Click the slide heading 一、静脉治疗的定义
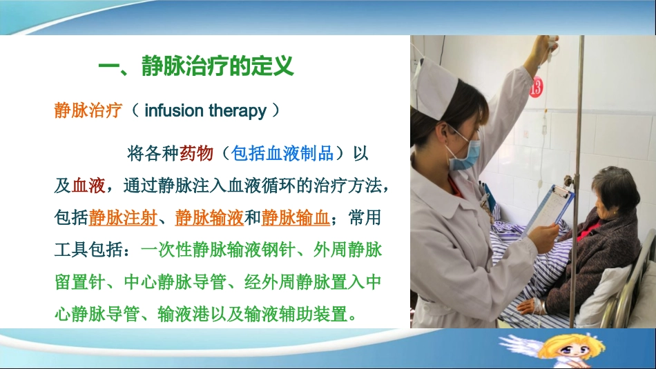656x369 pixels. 196,67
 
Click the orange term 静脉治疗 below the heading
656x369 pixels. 88,110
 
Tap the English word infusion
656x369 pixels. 173,110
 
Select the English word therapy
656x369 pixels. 236,110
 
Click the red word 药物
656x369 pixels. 196,153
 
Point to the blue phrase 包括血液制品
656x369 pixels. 283,153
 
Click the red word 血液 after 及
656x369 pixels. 88,186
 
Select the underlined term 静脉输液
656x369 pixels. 209,218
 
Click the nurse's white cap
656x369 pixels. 434,86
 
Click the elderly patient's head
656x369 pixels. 615,191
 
